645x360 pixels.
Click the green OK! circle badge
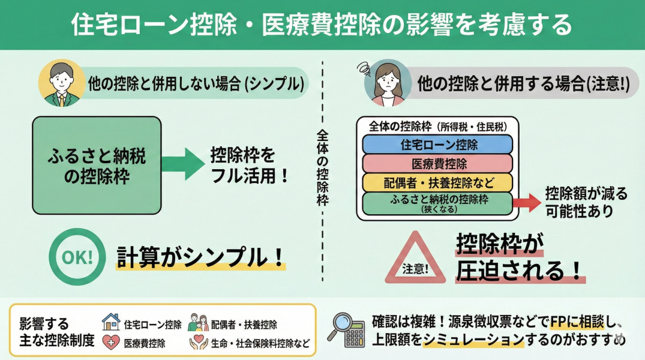tap(77, 257)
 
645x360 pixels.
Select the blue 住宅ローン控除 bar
tap(438, 145)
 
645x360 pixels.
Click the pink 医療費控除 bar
tap(438, 163)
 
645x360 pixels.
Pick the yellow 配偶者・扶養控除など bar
tap(438, 182)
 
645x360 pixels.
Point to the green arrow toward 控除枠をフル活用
tap(184, 164)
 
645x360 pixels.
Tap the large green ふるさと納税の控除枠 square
tap(97, 165)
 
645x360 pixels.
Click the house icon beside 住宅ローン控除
tap(111, 322)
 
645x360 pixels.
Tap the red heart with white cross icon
tap(111, 343)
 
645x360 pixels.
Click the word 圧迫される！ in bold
tap(520, 271)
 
